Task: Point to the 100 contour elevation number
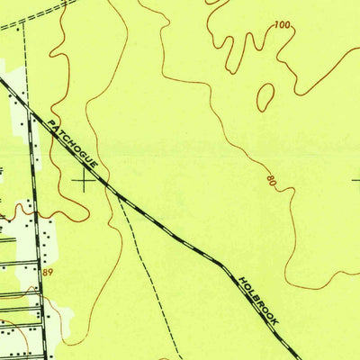283,25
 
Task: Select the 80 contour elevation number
271,183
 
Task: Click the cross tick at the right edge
355,180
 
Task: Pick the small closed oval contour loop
265,97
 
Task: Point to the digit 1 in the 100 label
277,25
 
